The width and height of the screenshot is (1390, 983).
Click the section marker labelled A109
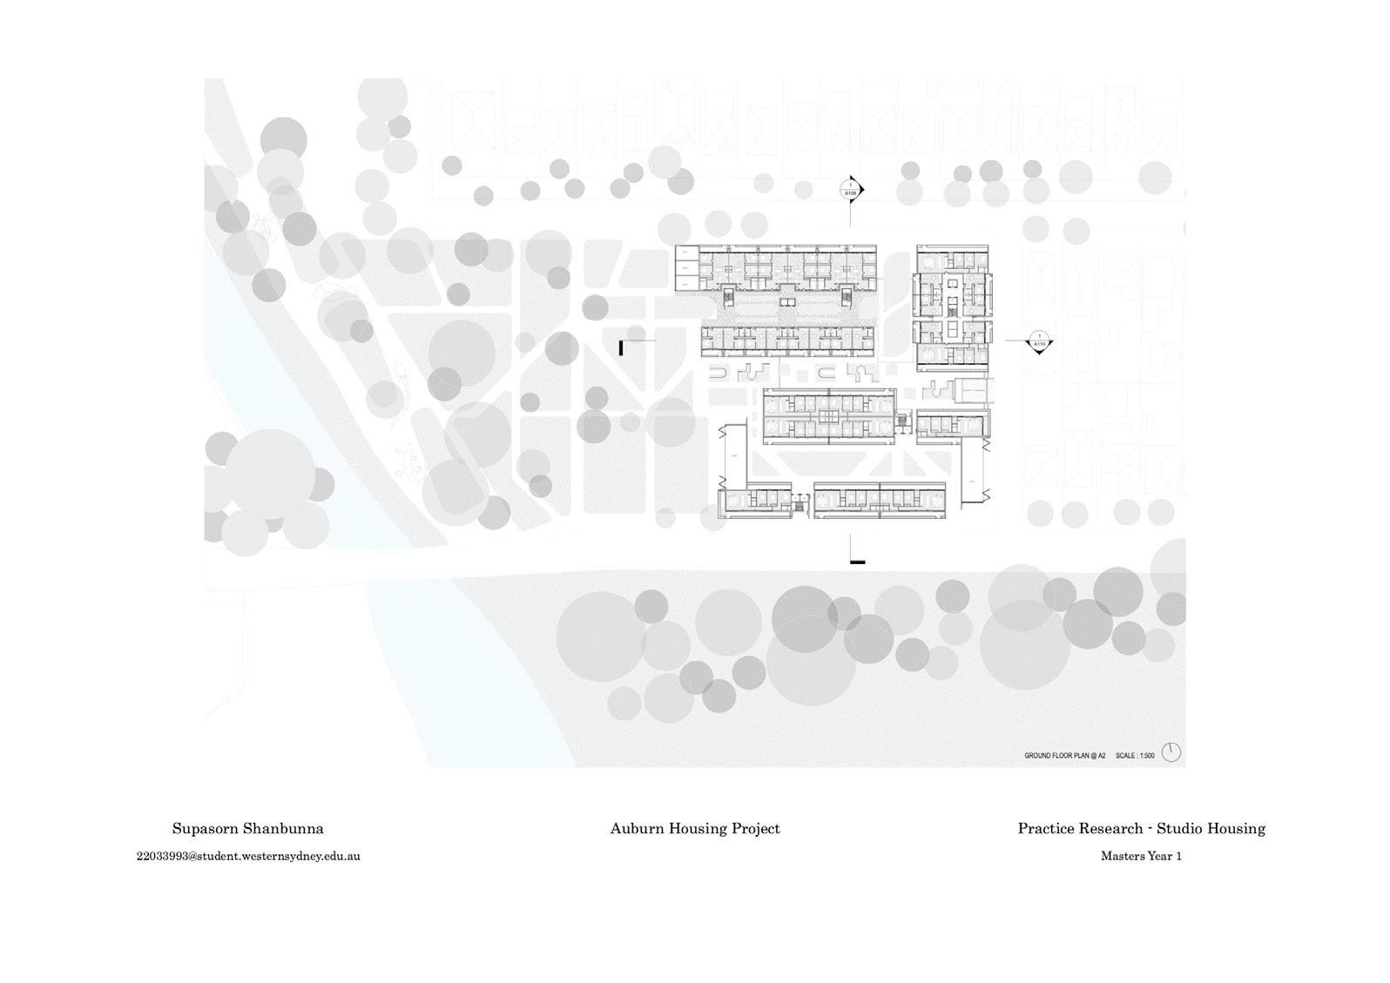coord(851,189)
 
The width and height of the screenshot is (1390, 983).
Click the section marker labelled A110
coord(1038,341)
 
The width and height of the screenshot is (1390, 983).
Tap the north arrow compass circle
coord(1171,753)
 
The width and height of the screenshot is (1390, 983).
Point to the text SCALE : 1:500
coord(1135,756)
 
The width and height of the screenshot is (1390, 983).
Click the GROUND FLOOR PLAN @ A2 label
coord(1064,756)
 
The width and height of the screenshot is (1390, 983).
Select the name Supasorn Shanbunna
coord(247,829)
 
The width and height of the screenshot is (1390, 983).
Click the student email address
coord(248,856)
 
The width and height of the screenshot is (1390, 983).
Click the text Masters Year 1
coord(1141,856)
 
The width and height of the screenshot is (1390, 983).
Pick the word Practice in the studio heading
coord(1047,829)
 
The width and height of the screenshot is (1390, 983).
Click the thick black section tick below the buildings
coord(858,562)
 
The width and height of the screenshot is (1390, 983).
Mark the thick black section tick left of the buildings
coord(621,348)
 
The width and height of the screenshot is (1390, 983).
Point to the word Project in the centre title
coord(756,829)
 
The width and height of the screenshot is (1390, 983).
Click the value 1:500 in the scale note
coord(1145,756)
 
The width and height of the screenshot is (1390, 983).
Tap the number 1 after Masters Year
coord(1178,856)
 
